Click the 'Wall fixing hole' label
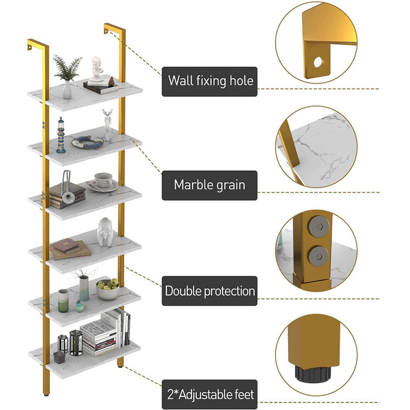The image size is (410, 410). pos(210,81)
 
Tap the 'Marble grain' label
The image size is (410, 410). pos(209,185)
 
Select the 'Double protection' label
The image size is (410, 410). pos(210,291)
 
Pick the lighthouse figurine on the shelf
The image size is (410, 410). pos(61,135)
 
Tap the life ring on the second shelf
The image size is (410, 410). pos(87,142)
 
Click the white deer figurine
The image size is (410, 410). pos(107,125)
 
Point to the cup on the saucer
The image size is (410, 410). pos(104,180)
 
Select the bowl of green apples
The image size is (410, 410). pos(108,288)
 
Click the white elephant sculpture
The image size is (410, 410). pos(105,232)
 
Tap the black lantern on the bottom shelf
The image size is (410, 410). pos(76,343)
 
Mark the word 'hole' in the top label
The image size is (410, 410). pos(242,81)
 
